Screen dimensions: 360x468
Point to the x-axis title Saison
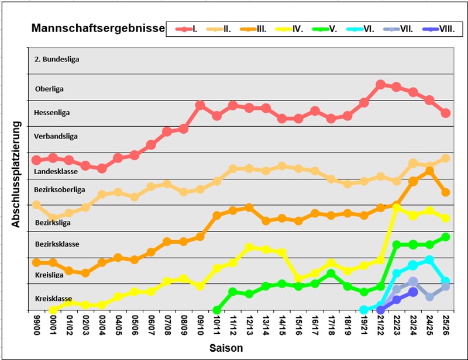pyautogui.click(x=226, y=348)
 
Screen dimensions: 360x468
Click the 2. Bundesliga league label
pyautogui.click(x=57, y=59)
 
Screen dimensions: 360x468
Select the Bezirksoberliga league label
pyautogui.click(x=60, y=189)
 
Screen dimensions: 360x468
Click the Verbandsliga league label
pyautogui.click(x=56, y=136)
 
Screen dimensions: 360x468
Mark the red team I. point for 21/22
pyautogui.click(x=380, y=84)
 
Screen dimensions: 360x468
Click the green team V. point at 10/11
pyautogui.click(x=216, y=310)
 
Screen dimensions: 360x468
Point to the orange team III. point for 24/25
pyautogui.click(x=429, y=171)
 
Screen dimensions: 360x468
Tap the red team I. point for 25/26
pyautogui.click(x=446, y=113)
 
